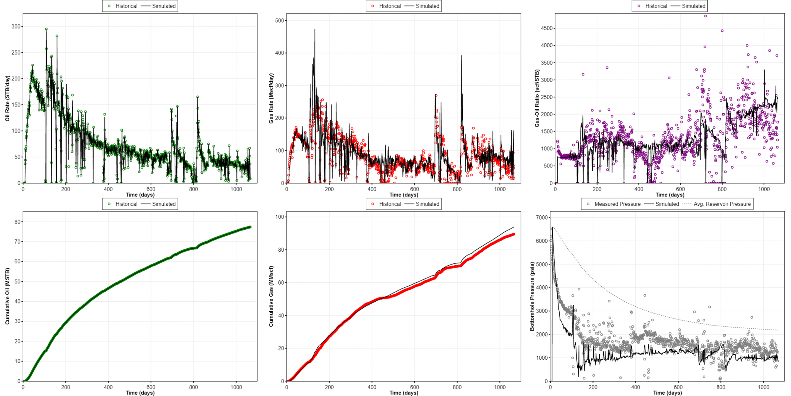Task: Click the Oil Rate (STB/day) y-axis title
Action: pos(7,98)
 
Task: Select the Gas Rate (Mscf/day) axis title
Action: pos(271,98)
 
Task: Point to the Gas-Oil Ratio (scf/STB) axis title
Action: pos(537,98)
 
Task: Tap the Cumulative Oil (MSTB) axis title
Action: pos(7,296)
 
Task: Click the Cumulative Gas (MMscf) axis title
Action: pos(271,296)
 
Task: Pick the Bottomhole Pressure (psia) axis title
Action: pos(532,296)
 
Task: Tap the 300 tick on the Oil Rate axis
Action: pos(17,26)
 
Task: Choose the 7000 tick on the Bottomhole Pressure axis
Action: pos(542,218)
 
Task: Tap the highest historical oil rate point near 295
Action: pos(46,29)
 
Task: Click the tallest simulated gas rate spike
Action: pos(315,29)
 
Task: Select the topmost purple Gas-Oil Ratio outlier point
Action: pos(705,16)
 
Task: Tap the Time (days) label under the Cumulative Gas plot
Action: pos(404,393)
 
